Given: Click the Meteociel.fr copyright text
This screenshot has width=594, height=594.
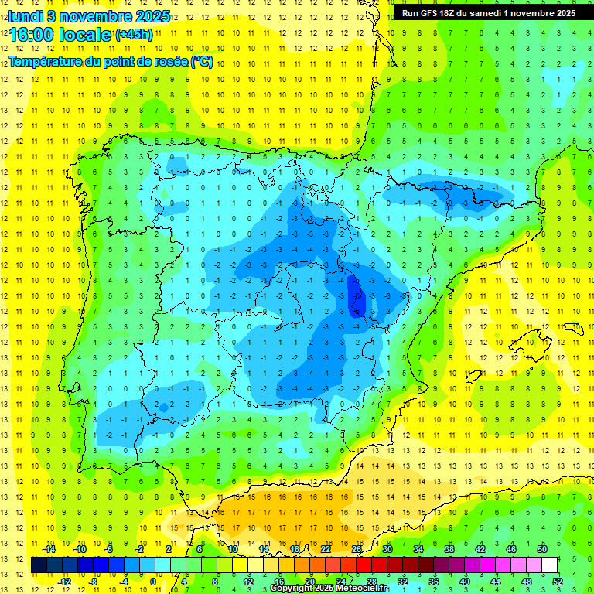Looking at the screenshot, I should click(x=328, y=589).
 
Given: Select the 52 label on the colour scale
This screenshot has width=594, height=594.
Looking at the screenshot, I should click(x=558, y=581).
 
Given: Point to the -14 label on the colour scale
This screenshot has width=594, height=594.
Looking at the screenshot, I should click(x=49, y=549).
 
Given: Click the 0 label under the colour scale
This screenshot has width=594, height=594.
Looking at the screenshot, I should click(x=153, y=581).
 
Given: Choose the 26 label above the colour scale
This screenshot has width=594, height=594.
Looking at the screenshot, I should click(x=356, y=549).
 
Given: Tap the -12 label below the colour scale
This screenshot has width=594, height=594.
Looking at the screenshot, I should click(x=64, y=581).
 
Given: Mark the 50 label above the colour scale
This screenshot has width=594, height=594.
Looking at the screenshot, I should click(x=542, y=549).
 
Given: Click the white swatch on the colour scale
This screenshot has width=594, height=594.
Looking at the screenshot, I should click(x=549, y=565).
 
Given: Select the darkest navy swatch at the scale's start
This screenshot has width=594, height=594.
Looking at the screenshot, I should click(x=39, y=565).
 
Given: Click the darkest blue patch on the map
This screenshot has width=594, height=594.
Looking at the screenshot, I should click(x=356, y=298).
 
